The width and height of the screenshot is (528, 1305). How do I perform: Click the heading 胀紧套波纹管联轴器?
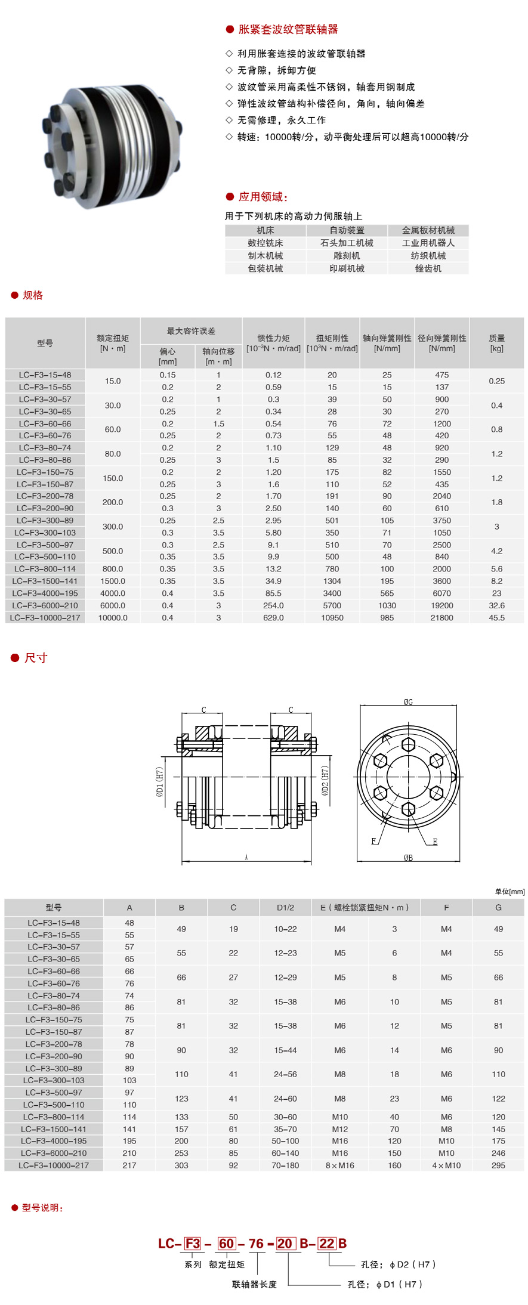click(288, 29)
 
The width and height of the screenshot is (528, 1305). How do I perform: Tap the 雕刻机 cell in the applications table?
click(347, 256)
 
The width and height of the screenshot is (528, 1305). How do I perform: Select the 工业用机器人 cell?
click(428, 243)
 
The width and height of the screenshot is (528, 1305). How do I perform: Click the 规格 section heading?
click(32, 295)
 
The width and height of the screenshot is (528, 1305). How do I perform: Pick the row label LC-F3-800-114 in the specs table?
click(45, 569)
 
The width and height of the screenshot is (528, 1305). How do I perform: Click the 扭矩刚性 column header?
click(332, 338)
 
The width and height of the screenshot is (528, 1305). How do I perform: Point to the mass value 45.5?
click(496, 618)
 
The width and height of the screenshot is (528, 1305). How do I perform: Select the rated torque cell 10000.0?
click(113, 618)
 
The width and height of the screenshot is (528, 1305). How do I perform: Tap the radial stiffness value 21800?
click(441, 618)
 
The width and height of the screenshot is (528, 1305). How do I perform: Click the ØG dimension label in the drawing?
click(408, 702)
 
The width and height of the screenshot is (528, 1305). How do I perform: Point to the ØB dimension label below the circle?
click(408, 858)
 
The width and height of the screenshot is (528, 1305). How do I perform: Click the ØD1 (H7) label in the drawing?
click(160, 781)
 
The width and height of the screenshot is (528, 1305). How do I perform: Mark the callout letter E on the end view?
click(435, 842)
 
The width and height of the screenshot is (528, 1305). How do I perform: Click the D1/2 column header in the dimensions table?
click(285, 908)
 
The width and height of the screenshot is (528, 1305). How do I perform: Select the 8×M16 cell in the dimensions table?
click(339, 1165)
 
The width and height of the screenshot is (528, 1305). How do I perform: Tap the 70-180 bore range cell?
click(285, 1165)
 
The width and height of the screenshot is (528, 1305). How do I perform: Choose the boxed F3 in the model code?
click(193, 1244)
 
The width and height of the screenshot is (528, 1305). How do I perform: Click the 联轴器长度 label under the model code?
click(254, 1284)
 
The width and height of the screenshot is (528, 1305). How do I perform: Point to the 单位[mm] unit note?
click(510, 892)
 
